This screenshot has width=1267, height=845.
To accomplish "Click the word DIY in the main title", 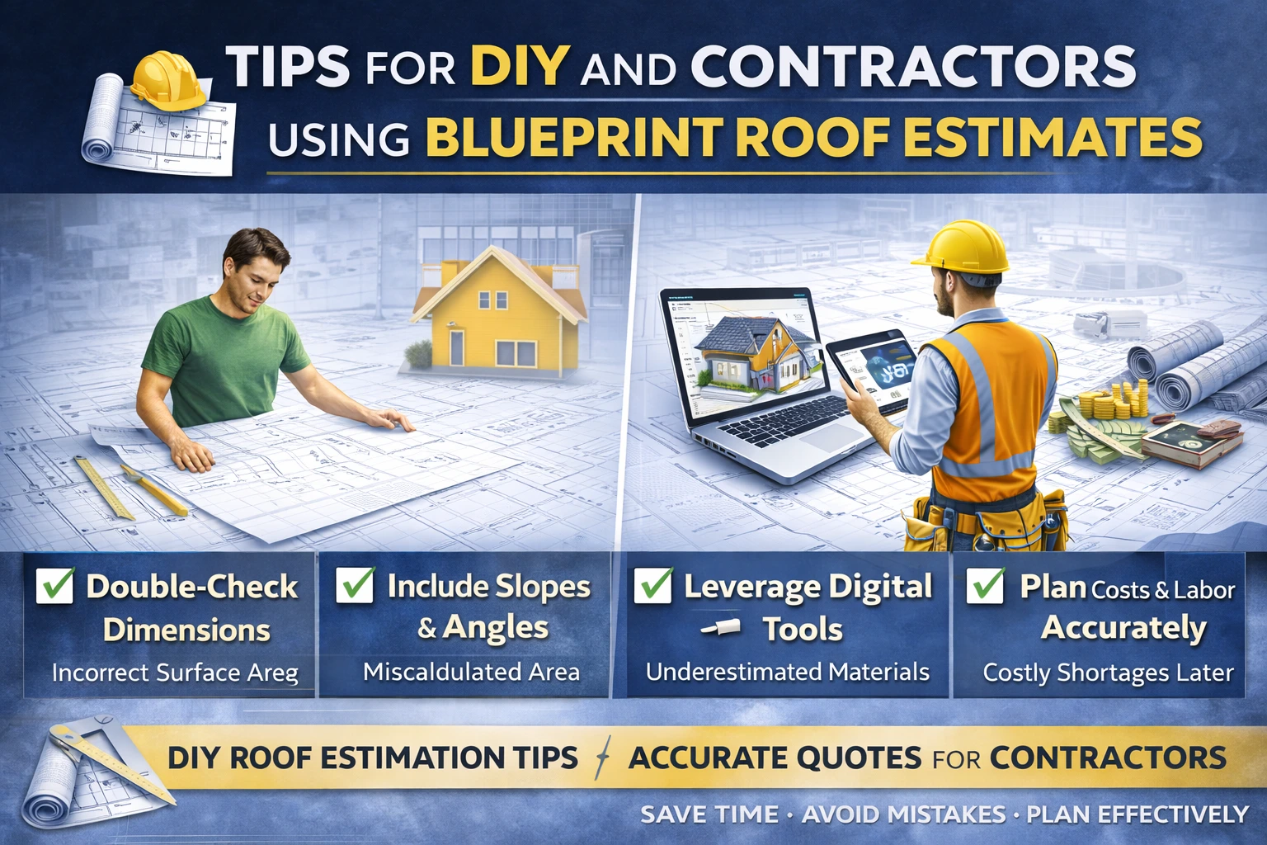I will pos(519,65).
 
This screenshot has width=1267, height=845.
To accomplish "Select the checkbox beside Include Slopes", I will pos(356,584).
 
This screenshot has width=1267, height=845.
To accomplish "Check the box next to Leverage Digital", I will pos(652,585).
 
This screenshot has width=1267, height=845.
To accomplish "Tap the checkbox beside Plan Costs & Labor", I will pos(986,585).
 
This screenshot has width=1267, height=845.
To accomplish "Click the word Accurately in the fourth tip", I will pos(1123,628).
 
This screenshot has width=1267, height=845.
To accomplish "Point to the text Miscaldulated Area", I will pos(471,672).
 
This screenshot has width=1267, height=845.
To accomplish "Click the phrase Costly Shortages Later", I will pos(1108,673).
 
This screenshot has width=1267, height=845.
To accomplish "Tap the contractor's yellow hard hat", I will pos(965,248).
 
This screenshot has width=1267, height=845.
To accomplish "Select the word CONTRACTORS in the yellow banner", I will pos(1108,758).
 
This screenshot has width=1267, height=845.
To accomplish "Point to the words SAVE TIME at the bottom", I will pos(709,814).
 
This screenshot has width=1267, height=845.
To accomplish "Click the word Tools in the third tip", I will pos(802,630).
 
